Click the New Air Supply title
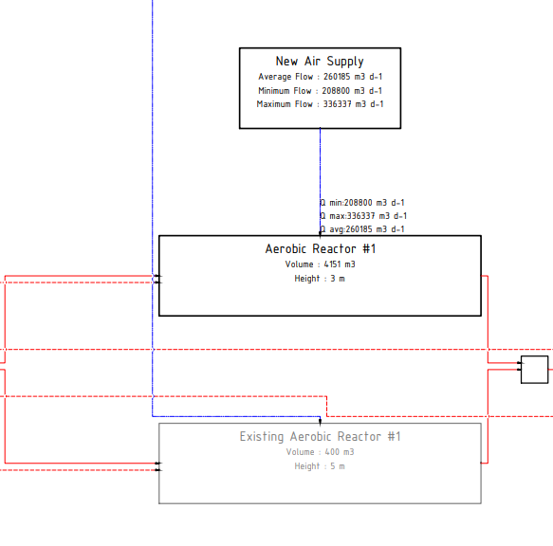coord(320,62)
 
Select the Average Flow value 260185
coord(337,77)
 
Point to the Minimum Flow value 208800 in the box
coord(336,91)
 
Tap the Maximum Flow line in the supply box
coord(320,104)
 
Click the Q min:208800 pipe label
coord(362,203)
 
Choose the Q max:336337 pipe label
coord(363,216)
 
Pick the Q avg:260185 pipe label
coord(362,229)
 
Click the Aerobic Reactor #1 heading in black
coord(321,249)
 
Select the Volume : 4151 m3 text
coord(321,264)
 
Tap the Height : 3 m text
coord(320,279)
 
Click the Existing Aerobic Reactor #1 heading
coord(321,436)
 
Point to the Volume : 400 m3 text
coord(321,452)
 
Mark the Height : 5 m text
coord(320,466)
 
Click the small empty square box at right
coord(535,370)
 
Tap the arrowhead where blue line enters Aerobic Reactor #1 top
coord(321,233)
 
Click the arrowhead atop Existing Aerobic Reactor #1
coord(321,421)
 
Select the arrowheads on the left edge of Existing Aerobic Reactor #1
coord(158,466)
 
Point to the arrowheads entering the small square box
coord(519,366)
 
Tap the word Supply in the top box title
coord(345,62)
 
